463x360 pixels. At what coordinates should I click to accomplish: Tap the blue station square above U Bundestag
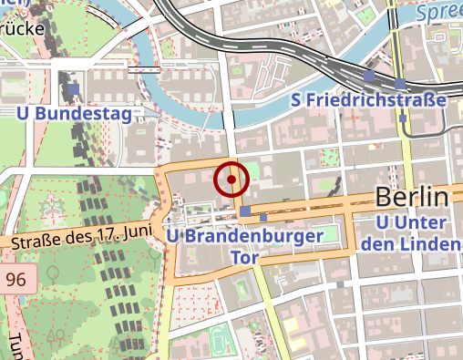point(73,90)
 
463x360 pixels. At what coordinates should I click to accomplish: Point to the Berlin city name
point(412,198)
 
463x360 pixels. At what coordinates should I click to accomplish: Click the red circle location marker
point(231,180)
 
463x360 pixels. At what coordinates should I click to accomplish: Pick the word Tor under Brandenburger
point(247,258)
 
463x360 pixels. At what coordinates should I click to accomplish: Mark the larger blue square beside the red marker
point(246,211)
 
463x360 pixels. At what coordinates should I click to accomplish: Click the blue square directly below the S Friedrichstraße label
point(403,118)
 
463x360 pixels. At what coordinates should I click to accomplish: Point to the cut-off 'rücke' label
point(22,27)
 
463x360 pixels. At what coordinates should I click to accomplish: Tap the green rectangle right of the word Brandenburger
point(337,234)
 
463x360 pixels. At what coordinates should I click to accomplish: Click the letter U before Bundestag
point(24,113)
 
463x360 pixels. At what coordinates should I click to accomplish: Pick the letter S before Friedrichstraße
point(295,99)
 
